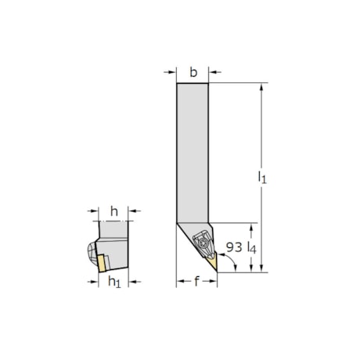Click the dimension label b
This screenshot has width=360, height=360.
tap(193, 73)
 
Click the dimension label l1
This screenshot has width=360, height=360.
tap(262, 178)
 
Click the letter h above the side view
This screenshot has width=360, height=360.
tap(114, 210)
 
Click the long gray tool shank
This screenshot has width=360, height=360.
tap(192, 149)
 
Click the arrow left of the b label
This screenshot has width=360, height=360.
tap(170, 73)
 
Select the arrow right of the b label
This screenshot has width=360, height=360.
tap(214, 73)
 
